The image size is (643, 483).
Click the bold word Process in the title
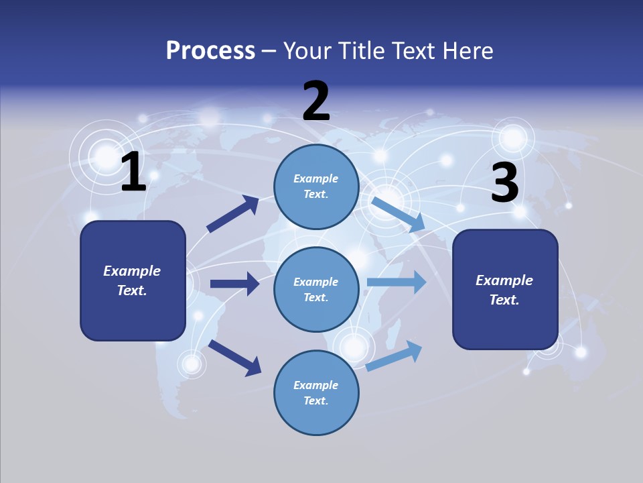point(210,51)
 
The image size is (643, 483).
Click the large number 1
point(133,172)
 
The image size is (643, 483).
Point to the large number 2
point(316,101)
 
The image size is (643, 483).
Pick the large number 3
point(504,183)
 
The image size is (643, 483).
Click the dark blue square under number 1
point(133,280)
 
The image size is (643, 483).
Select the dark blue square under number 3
point(505,289)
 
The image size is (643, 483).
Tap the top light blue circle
point(316,186)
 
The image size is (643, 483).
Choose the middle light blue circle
point(316,289)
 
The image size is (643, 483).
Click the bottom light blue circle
point(316,392)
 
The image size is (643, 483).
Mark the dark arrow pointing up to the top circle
point(233,214)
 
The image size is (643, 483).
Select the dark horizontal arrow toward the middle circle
point(234,284)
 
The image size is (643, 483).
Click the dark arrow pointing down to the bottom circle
point(234,357)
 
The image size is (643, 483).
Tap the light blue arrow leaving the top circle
point(398,213)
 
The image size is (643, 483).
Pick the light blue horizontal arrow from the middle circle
point(396,282)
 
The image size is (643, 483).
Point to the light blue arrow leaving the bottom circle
point(395,356)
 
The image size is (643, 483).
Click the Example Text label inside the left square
point(132,280)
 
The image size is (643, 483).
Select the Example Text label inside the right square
point(504,290)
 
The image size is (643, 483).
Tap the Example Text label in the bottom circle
point(316,392)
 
